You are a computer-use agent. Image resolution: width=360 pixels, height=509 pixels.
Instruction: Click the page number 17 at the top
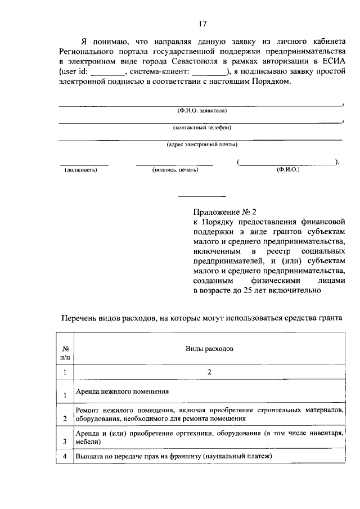click(x=202, y=24)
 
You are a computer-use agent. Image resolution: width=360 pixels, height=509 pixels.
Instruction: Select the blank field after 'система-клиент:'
click(x=207, y=72)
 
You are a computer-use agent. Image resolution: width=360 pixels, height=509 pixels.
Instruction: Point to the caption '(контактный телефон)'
click(x=202, y=128)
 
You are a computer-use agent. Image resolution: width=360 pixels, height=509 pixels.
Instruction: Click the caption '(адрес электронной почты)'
click(x=202, y=145)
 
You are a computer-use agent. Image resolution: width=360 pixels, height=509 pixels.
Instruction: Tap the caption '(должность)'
click(x=81, y=169)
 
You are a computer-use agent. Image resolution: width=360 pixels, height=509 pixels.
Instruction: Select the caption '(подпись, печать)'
click(x=175, y=169)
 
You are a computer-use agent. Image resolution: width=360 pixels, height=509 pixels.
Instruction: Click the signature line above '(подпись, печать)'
click(x=175, y=164)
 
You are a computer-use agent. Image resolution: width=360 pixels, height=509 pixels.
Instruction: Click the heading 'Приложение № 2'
click(x=224, y=213)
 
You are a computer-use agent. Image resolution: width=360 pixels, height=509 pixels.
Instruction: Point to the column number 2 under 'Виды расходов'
click(x=209, y=372)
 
